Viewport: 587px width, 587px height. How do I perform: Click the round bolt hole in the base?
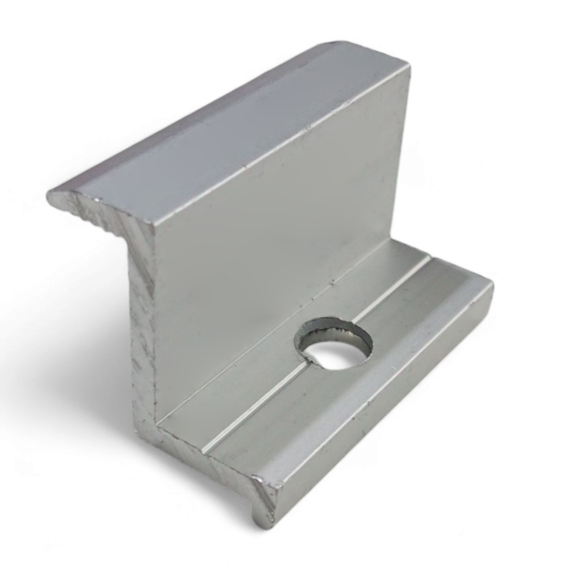(x=333, y=344)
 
